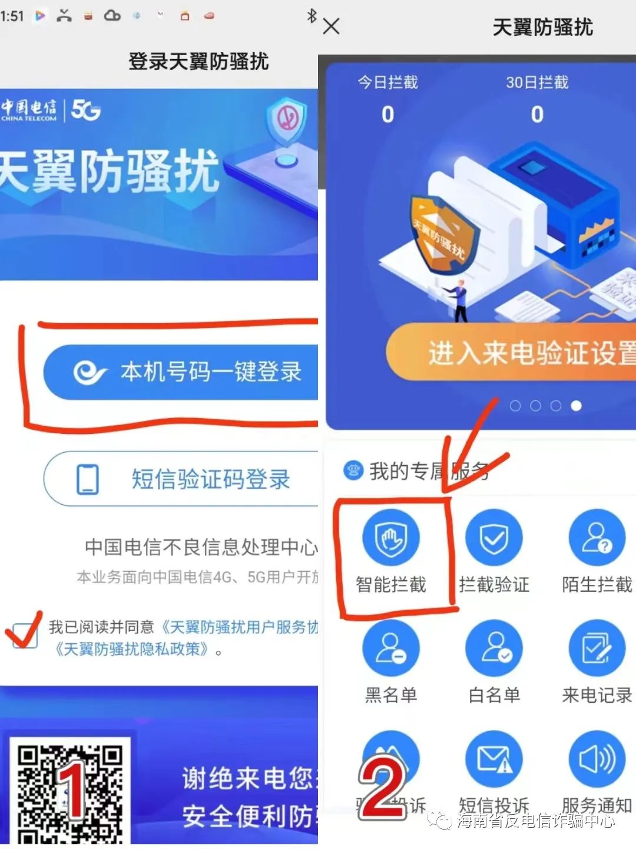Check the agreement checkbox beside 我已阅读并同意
pyautogui.click(x=25, y=636)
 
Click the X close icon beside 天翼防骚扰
pyautogui.click(x=332, y=27)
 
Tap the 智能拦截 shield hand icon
pyautogui.click(x=390, y=538)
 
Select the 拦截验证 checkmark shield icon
pyautogui.click(x=493, y=538)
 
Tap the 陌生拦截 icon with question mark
pyautogui.click(x=597, y=538)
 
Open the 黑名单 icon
pyautogui.click(x=390, y=648)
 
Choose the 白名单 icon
pyautogui.click(x=493, y=648)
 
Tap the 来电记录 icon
pyautogui.click(x=597, y=648)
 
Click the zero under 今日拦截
pyautogui.click(x=387, y=114)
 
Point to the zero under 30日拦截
pyautogui.click(x=537, y=114)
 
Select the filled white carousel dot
pyautogui.click(x=576, y=406)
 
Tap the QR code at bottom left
pyautogui.click(x=69, y=790)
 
